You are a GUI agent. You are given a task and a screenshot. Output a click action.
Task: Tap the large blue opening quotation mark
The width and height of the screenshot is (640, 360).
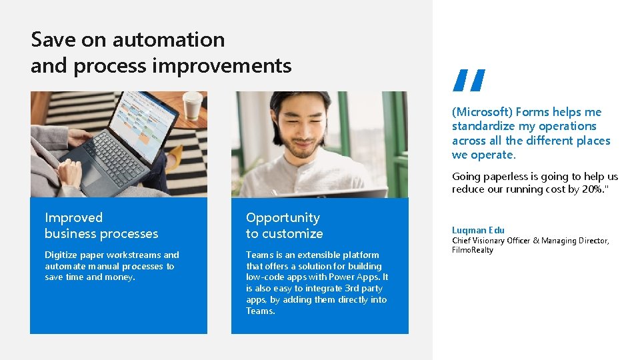click(468, 80)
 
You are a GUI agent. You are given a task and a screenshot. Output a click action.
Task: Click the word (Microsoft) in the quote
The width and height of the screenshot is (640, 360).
click(482, 112)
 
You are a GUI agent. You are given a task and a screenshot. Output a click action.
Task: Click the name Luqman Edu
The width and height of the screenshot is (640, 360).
click(478, 230)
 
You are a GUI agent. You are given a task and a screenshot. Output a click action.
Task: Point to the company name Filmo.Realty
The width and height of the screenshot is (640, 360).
click(473, 250)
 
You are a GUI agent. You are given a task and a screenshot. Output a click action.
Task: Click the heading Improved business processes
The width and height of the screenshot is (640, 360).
click(101, 225)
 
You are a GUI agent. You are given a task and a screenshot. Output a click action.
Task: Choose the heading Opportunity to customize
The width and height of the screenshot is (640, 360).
click(284, 225)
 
